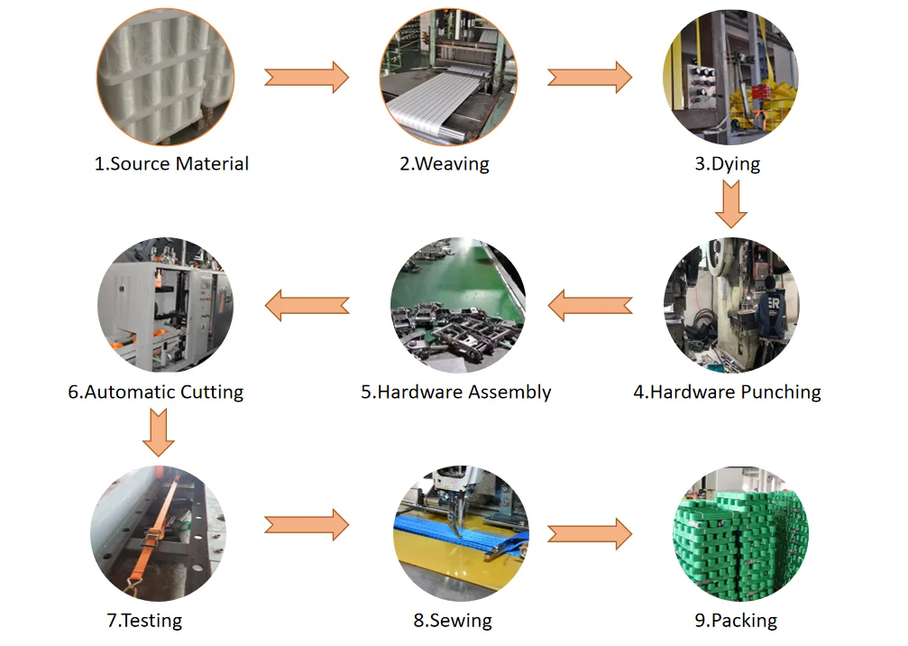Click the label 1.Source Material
(171, 164)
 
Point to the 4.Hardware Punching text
(727, 392)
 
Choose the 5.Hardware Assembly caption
(455, 392)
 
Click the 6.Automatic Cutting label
(156, 392)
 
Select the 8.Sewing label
(453, 621)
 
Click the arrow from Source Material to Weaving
(306, 77)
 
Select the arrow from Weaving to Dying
(590, 77)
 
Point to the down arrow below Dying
(731, 203)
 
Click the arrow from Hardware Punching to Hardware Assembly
(590, 305)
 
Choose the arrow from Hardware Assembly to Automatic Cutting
(307, 305)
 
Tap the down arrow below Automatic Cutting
(158, 432)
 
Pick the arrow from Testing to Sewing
(306, 524)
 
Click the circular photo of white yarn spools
(165, 76)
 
